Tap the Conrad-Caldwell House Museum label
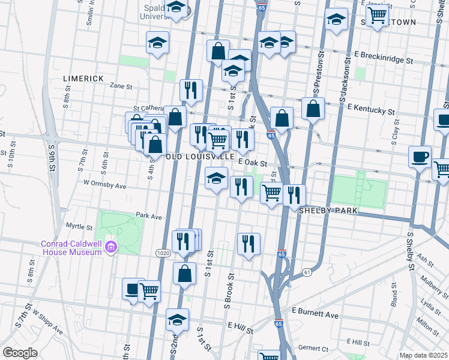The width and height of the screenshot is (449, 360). pyautogui.click(x=71, y=248)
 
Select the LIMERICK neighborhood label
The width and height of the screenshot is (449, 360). pyautogui.click(x=83, y=79)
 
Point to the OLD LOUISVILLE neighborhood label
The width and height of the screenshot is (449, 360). pyautogui.click(x=200, y=156)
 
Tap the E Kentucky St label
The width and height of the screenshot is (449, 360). pyautogui.click(x=370, y=108)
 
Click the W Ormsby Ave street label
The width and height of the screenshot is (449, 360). pyautogui.click(x=105, y=183)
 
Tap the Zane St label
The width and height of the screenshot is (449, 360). pyautogui.click(x=121, y=86)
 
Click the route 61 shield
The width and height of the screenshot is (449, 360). pyautogui.click(x=307, y=272)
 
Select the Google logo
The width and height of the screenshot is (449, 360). pyautogui.click(x=20, y=352)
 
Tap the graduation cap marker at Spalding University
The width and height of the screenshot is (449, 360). pyautogui.click(x=176, y=8)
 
